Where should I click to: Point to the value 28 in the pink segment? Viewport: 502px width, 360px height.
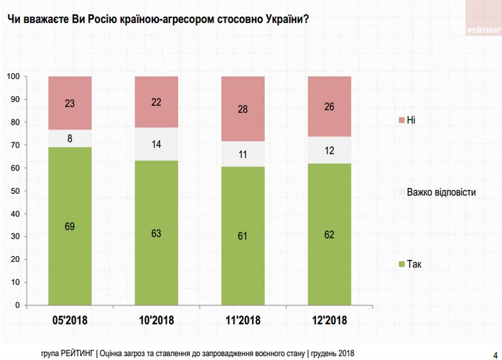pos(243,109)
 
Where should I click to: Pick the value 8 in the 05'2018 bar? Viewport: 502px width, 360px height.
pos(70,138)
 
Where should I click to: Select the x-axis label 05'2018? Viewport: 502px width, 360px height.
pos(70,320)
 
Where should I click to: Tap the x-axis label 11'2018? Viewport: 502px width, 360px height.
pos(243,320)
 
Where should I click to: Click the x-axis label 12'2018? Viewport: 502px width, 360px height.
pos(330,320)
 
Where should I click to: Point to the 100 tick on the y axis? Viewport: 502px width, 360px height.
pos(12,77)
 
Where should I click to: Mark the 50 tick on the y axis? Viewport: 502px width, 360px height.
pos(14,191)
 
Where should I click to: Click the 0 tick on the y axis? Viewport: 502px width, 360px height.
pos(17,305)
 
